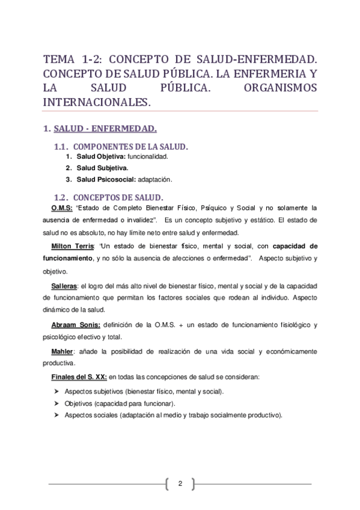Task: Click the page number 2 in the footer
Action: (180, 483)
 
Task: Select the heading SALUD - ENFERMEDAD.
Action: (105, 129)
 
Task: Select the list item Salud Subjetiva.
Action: (102, 168)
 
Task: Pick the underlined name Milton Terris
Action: (72, 246)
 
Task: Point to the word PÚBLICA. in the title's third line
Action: (171, 88)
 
